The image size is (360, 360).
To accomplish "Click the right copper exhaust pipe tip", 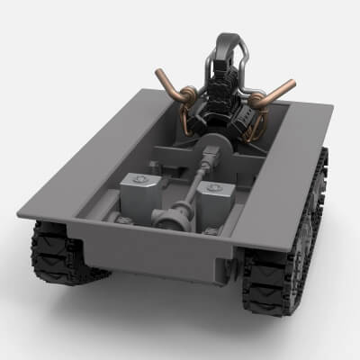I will (x=290, y=85).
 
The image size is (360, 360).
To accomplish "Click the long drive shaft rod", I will (x=193, y=184).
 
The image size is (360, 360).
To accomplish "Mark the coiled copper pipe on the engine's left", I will (x=184, y=96).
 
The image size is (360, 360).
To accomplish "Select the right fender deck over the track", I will (x=288, y=180).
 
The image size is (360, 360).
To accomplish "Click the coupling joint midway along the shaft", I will (x=206, y=162).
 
